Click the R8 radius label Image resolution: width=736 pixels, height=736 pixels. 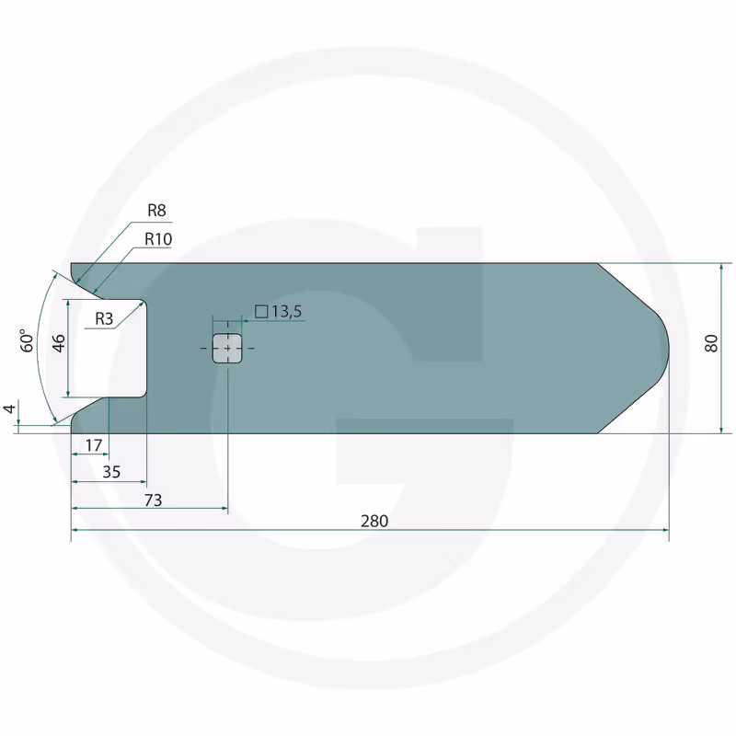[156, 211]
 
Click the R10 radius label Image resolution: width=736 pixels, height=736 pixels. [158, 239]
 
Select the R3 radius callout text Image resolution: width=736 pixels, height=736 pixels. [104, 318]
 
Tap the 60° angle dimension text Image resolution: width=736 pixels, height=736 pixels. [28, 340]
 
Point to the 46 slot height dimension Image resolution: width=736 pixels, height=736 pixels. [59, 343]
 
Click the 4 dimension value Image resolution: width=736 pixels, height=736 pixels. [9, 408]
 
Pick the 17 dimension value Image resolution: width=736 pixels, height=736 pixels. [94, 445]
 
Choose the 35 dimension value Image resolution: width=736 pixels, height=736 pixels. [111, 472]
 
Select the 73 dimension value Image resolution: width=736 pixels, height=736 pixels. [153, 500]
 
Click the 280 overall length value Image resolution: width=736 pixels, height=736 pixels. [374, 521]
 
